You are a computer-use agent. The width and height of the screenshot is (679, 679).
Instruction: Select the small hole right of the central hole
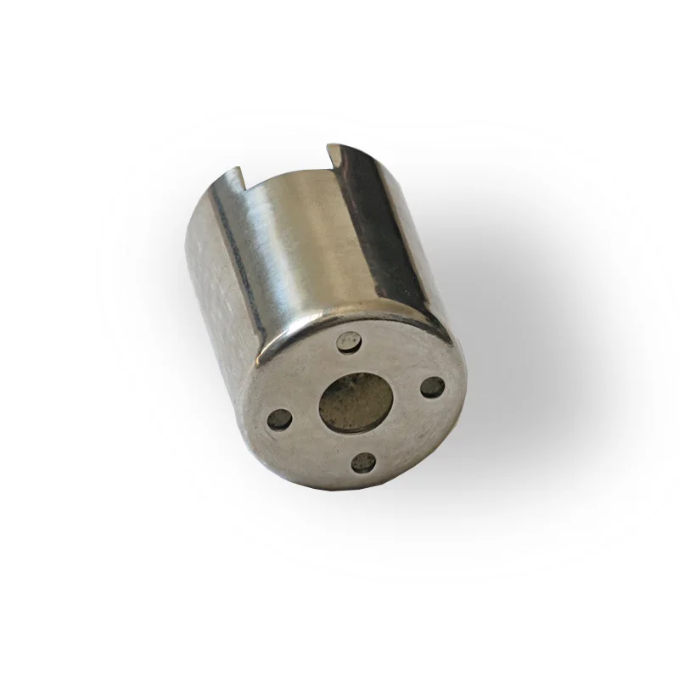(432, 387)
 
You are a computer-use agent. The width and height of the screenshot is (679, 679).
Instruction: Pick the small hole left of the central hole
(278, 418)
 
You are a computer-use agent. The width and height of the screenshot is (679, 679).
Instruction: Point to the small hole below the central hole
(364, 463)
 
